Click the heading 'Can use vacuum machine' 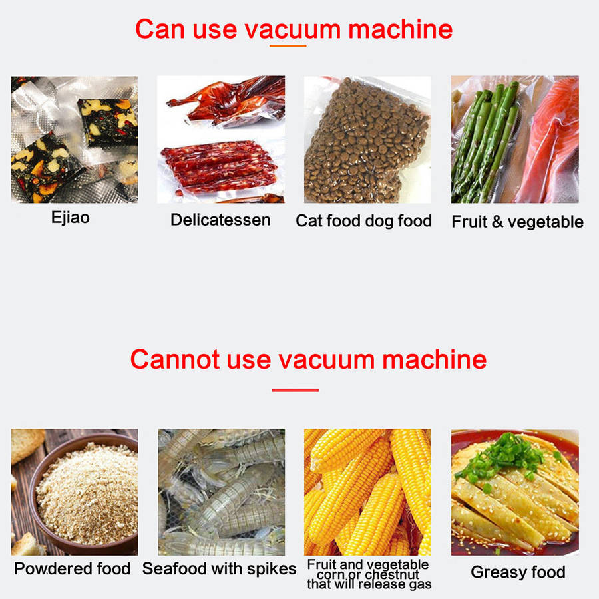click(x=294, y=29)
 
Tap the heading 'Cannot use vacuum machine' click(x=308, y=359)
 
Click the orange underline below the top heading click(x=288, y=46)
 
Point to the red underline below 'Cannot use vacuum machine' click(x=295, y=390)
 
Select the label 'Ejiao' click(x=71, y=218)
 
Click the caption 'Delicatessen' click(x=220, y=220)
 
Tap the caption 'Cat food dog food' click(x=363, y=221)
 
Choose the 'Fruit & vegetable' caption click(x=517, y=222)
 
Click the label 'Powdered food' click(x=72, y=568)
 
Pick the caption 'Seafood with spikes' click(x=219, y=568)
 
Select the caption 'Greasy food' click(x=518, y=572)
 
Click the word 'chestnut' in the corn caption click(x=392, y=574)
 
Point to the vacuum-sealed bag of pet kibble click(x=366, y=141)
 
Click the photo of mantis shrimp click(x=222, y=492)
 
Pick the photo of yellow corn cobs click(x=367, y=492)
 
